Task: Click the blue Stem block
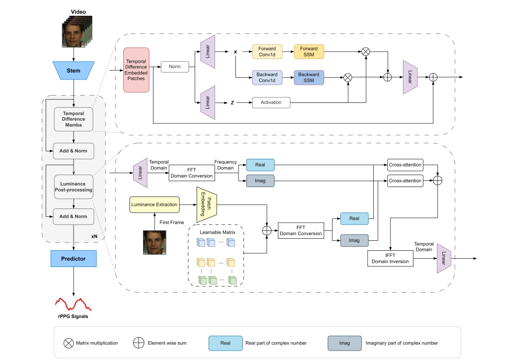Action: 73,71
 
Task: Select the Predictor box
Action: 73,258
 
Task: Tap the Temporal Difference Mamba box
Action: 73,119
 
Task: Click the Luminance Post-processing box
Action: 73,187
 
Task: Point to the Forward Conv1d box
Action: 267,52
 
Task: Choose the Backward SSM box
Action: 309,78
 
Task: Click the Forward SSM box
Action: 309,52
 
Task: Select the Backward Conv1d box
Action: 267,78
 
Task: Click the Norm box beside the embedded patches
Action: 174,67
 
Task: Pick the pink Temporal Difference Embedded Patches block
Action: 136,70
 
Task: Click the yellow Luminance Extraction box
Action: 154,205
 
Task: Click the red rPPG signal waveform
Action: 73,304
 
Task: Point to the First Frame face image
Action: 155,242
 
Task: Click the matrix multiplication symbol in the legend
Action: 68,343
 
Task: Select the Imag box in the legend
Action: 345,343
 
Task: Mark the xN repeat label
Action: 94,236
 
